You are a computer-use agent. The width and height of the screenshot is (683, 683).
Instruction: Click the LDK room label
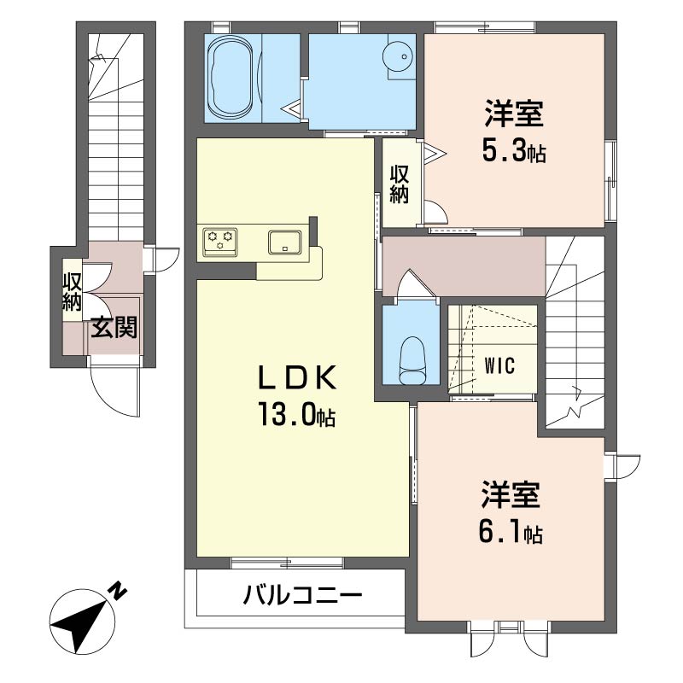click(x=297, y=377)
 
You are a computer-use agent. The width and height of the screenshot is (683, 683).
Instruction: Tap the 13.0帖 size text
click(x=297, y=414)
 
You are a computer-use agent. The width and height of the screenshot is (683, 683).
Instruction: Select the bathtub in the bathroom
click(x=231, y=78)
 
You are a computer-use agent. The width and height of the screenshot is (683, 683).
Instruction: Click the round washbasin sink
click(x=398, y=56)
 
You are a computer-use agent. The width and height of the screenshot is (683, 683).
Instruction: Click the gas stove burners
click(x=219, y=242)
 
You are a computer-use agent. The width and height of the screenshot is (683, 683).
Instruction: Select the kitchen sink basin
click(x=284, y=242)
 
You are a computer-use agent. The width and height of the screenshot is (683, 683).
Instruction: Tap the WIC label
click(x=499, y=366)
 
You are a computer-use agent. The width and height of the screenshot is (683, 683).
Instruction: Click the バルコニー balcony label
click(x=303, y=594)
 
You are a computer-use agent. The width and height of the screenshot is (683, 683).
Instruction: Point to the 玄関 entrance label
click(x=114, y=327)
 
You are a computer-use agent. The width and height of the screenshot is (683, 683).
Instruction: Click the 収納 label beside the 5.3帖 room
click(x=399, y=184)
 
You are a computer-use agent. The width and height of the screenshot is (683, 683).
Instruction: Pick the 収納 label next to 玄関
click(x=73, y=292)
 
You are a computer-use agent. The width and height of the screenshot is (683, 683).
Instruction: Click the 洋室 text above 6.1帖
click(x=511, y=494)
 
